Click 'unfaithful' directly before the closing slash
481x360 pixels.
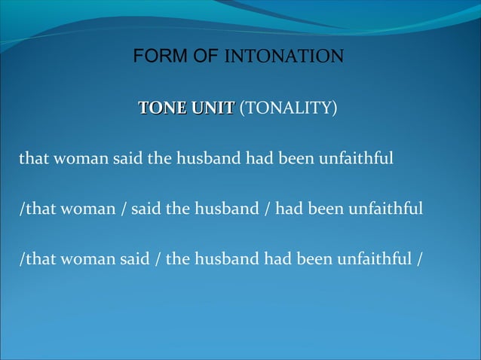377,259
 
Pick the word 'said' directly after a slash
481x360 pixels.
144,209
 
